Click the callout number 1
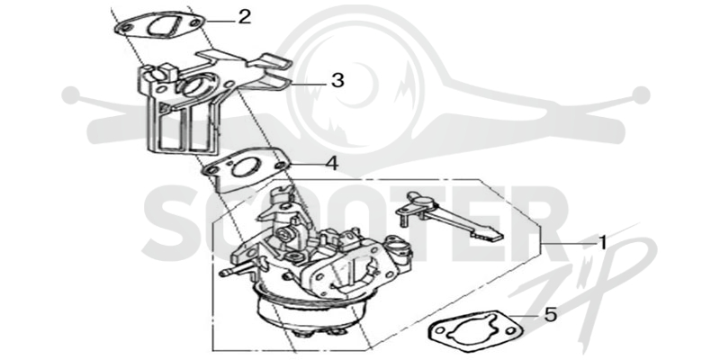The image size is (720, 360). point(602,242)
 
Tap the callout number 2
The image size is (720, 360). point(244,17)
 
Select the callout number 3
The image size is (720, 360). point(337,80)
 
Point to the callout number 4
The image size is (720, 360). point(332,163)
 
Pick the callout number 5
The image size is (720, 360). point(550,314)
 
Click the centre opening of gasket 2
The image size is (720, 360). point(161,25)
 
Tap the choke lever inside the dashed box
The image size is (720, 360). point(448,216)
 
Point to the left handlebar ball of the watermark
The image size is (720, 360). point(70,94)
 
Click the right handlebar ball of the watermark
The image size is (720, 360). point(641,94)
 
